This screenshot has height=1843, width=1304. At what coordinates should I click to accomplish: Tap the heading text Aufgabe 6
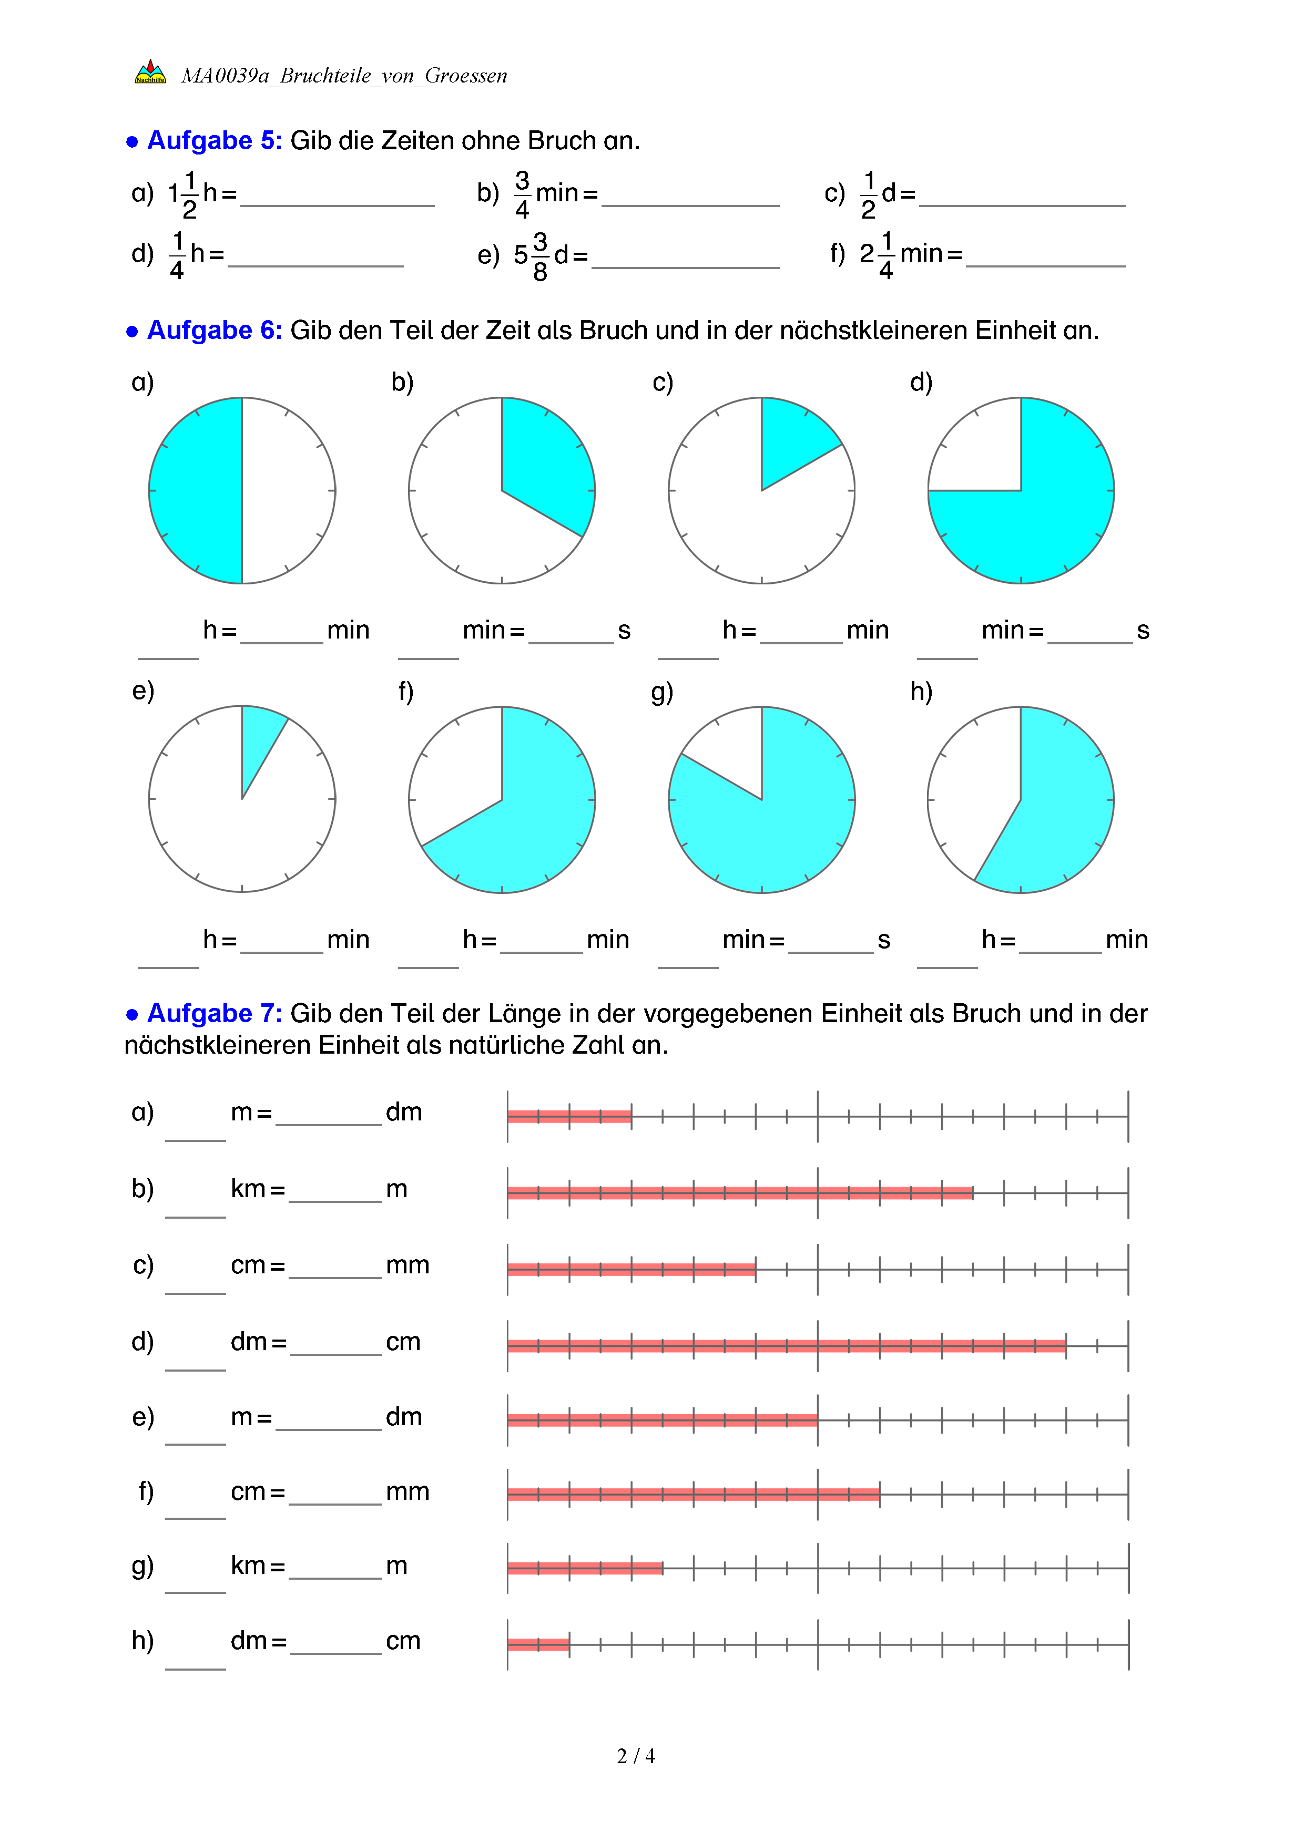click(213, 330)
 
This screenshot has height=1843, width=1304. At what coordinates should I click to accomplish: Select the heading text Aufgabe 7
click(213, 1013)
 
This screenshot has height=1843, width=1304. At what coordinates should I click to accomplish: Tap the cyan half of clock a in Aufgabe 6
click(197, 490)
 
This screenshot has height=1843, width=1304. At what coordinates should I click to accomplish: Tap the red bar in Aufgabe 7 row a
click(569, 1116)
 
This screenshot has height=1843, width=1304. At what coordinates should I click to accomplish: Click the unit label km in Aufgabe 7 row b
click(247, 1189)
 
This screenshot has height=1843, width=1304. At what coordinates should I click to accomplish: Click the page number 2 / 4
click(635, 1756)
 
